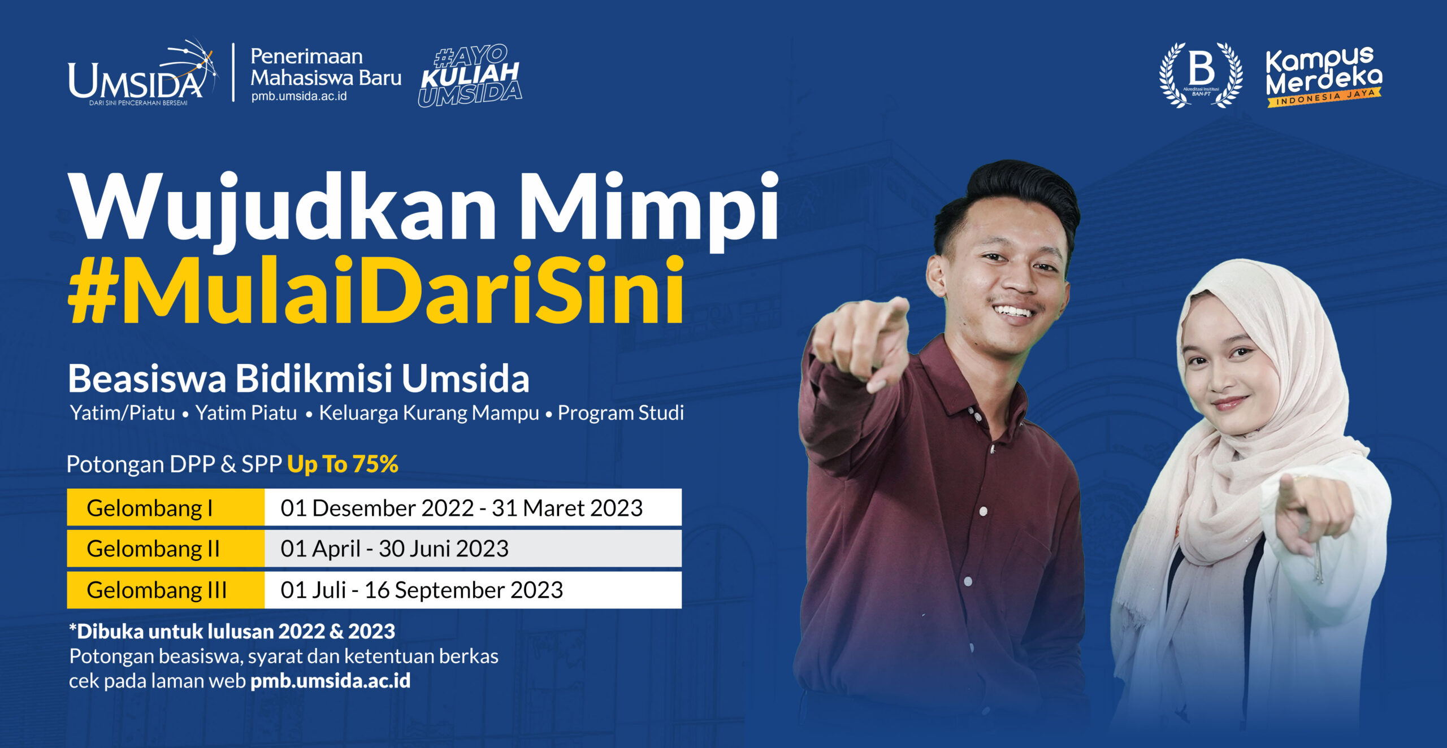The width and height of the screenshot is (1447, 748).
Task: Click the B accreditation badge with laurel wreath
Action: [x=1201, y=75]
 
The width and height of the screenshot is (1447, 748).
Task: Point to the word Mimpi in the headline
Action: [x=650, y=209]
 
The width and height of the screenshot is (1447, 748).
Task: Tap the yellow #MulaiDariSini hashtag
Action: [x=376, y=291]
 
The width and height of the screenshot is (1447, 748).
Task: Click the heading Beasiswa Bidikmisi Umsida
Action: [x=298, y=379]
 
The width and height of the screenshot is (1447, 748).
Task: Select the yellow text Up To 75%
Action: [x=343, y=464]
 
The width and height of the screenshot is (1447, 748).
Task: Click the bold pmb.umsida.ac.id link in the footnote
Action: [x=330, y=681]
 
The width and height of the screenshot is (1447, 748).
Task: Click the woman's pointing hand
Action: [x=1311, y=511]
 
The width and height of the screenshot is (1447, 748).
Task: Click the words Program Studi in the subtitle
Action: [x=621, y=413]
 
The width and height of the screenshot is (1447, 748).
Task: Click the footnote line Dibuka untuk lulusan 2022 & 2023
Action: [x=232, y=632]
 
